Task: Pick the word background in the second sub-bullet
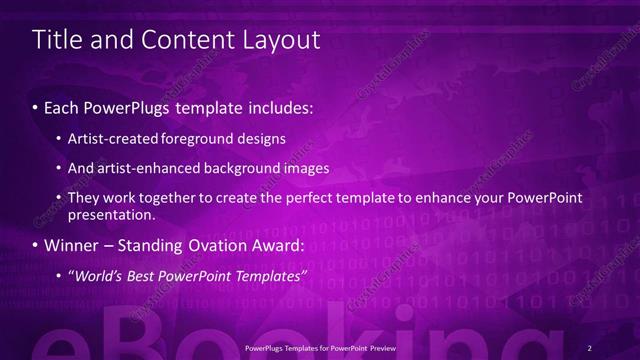pos(242,168)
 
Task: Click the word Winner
pos(70,244)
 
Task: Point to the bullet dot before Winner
pos(37,244)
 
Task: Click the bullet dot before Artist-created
pos(61,138)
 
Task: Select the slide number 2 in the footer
pos(590,347)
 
